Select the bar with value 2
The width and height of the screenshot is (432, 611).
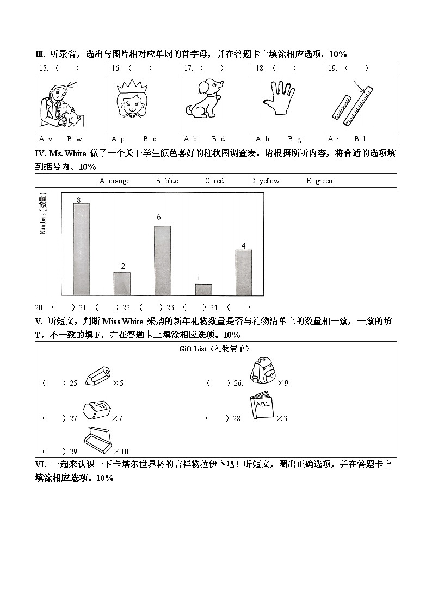122,283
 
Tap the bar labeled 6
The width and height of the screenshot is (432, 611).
162,260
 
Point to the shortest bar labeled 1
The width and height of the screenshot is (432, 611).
203,289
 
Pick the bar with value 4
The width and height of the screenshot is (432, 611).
243,272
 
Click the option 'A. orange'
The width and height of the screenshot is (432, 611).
114,181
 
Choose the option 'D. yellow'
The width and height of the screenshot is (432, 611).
264,181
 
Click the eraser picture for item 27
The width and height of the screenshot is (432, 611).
96,409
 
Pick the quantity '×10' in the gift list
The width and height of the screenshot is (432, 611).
121,452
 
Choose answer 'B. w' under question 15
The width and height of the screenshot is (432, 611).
75,139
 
